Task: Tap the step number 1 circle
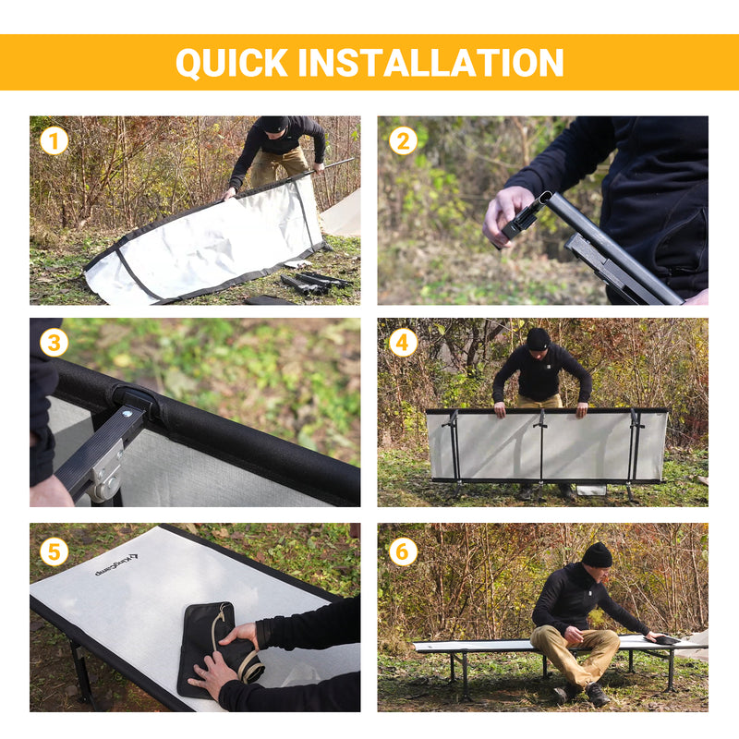coord(55,140)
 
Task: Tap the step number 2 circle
coord(403,140)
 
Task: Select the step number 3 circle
coord(55,343)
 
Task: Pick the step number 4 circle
coord(403,343)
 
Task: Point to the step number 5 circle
coord(55,551)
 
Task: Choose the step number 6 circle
coord(403,551)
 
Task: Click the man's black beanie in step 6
coord(597,554)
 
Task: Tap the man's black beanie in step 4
coord(538,338)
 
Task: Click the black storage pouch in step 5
coord(205,647)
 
